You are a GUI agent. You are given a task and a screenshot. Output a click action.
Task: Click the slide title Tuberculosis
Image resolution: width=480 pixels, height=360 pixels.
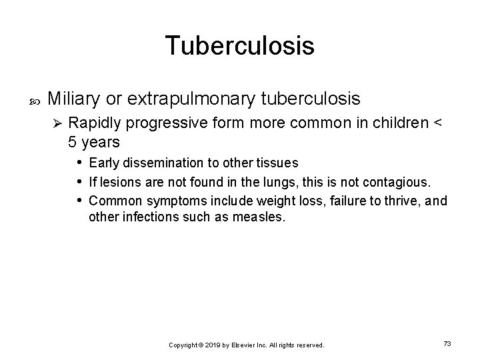pyautogui.click(x=239, y=46)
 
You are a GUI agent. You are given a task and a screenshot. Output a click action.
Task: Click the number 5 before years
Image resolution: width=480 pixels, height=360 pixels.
pyautogui.click(x=73, y=142)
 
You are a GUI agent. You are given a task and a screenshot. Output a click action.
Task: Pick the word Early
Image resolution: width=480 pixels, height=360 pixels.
pyautogui.click(x=103, y=163)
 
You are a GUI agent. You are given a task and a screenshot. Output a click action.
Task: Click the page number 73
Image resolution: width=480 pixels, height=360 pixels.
pyautogui.click(x=447, y=343)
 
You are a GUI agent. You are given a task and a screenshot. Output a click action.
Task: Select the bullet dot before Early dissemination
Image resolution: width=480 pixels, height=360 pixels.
pyautogui.click(x=79, y=163)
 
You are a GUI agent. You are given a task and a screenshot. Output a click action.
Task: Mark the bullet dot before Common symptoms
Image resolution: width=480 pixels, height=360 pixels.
pyautogui.click(x=79, y=200)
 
